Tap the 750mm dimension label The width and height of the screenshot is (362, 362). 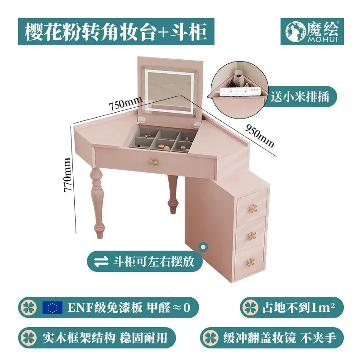click(123, 105)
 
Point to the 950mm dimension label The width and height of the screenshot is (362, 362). click(260, 134)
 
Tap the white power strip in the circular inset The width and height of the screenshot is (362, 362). click(240, 92)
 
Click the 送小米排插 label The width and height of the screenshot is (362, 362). click(300, 96)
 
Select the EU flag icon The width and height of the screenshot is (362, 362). click(52, 308)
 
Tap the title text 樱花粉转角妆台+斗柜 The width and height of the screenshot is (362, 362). click(116, 32)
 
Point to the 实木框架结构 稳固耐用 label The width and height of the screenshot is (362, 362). click(97, 338)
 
